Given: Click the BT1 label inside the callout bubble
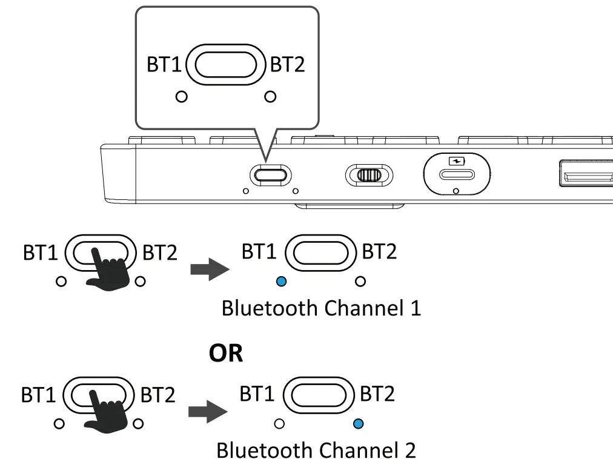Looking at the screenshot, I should pyautogui.click(x=164, y=65).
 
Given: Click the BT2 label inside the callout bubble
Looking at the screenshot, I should pyautogui.click(x=288, y=65).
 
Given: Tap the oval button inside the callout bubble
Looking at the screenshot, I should pyautogui.click(x=226, y=65).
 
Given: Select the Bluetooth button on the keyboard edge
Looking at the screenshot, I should pyautogui.click(x=270, y=175).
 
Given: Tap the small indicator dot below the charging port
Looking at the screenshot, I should pyautogui.click(x=456, y=191).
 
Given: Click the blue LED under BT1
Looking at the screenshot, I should pyautogui.click(x=280, y=281).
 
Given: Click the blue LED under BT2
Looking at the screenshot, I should pyautogui.click(x=358, y=424).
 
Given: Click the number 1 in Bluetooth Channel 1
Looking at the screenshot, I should pyautogui.click(x=414, y=308).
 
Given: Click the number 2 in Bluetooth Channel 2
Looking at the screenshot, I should pyautogui.click(x=409, y=451).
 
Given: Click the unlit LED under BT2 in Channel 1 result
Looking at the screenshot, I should pyautogui.click(x=360, y=281).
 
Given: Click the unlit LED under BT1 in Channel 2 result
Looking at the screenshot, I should pyautogui.click(x=279, y=424).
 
